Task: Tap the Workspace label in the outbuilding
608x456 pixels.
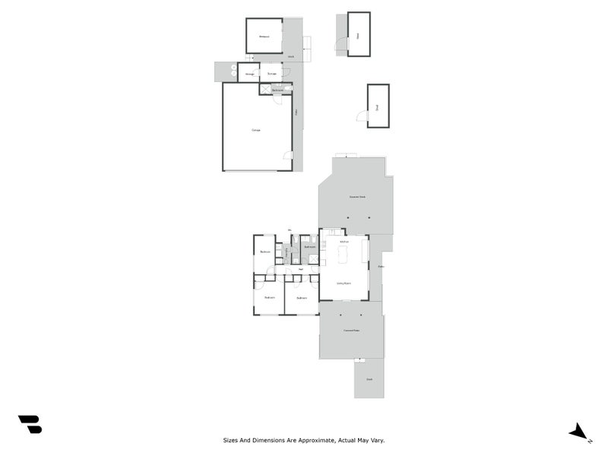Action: pos(264,36)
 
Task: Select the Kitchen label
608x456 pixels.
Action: pos(344,241)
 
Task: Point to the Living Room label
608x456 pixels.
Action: pos(344,283)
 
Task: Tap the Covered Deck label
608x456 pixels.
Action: pos(356,198)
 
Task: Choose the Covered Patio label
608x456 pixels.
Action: pos(350,330)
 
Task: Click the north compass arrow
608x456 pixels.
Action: pos(579,432)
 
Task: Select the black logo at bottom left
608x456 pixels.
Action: pos(30,424)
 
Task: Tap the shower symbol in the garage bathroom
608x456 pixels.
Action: pos(265,90)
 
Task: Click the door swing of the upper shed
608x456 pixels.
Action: pos(341,45)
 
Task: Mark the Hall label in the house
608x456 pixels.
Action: pos(301,269)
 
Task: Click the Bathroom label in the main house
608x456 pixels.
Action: pos(309,247)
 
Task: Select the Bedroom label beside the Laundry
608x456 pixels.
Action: pos(265,252)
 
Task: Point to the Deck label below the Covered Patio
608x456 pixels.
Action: pos(369,378)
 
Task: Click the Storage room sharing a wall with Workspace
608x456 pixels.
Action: pos(271,73)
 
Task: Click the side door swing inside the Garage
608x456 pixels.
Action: pos(287,156)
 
